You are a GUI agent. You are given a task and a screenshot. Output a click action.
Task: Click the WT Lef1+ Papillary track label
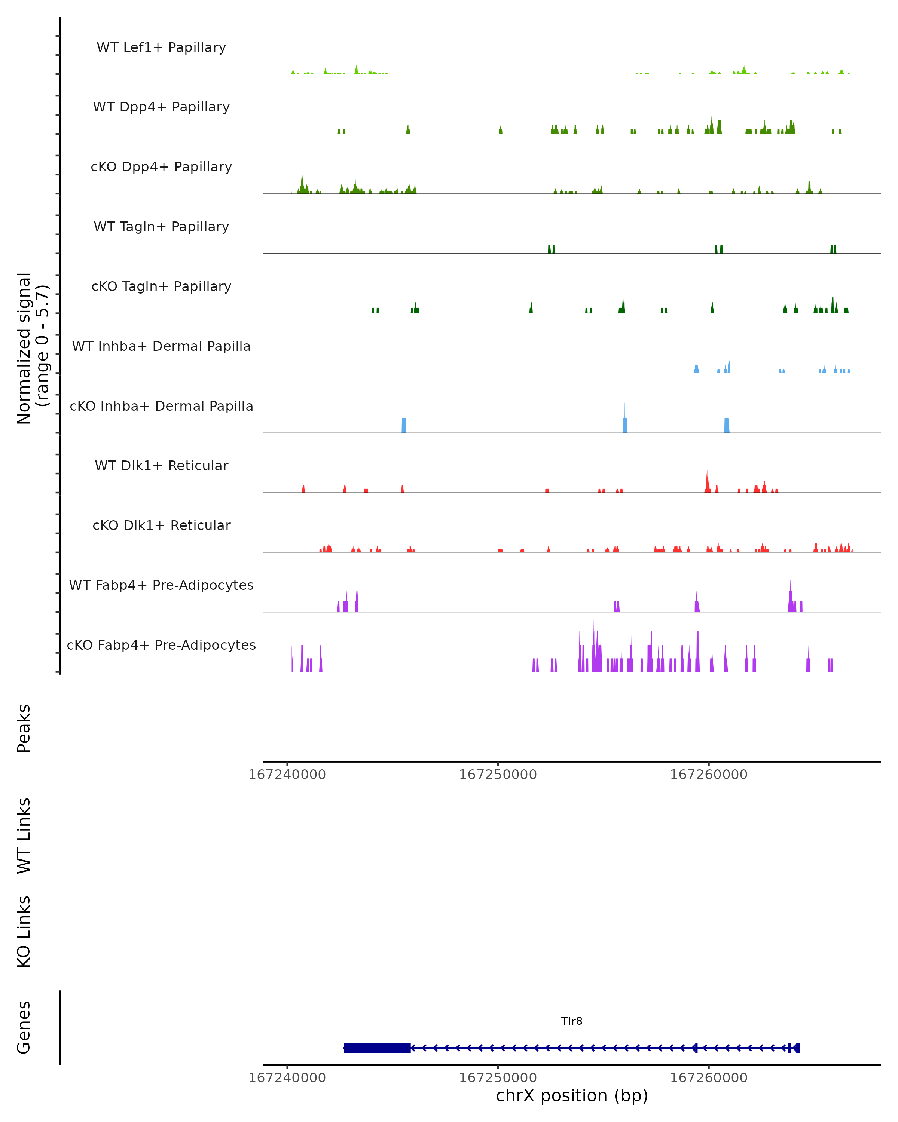click(161, 47)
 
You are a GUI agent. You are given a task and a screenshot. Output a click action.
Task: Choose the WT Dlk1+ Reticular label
click(161, 465)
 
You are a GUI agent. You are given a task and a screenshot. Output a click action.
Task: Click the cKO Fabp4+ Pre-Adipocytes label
click(161, 645)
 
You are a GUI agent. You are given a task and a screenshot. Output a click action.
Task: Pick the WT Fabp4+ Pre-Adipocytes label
click(161, 585)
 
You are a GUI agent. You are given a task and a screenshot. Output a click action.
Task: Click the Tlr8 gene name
click(572, 1021)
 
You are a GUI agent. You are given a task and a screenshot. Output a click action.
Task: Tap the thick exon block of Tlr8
click(377, 1048)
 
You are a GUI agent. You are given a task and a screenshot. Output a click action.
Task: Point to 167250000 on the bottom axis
click(498, 1078)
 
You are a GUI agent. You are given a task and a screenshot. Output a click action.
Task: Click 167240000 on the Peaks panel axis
click(287, 775)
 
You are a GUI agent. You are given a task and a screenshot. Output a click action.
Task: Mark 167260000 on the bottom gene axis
click(709, 1078)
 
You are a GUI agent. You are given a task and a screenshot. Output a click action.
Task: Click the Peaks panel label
click(24, 728)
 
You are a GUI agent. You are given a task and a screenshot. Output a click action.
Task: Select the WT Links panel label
click(24, 835)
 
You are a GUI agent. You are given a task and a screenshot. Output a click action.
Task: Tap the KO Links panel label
click(24, 932)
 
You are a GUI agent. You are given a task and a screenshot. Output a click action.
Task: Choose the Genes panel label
click(24, 1027)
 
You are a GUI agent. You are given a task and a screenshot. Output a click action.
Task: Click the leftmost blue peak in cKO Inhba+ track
click(403, 425)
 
